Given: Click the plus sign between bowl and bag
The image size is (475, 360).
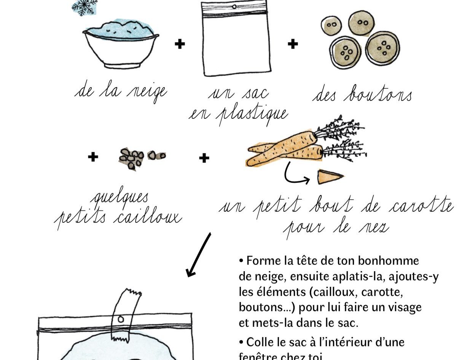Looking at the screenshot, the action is (x=180, y=44).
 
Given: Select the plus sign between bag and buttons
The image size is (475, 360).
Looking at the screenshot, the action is (x=293, y=44).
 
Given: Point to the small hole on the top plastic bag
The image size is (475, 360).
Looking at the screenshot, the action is (x=234, y=7).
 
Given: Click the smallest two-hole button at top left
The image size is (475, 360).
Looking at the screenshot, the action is (x=331, y=25).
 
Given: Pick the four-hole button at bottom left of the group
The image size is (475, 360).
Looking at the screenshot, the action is (x=345, y=53).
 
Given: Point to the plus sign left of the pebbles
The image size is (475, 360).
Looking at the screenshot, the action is (x=93, y=157).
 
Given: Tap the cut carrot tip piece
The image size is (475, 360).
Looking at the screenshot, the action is (x=330, y=177).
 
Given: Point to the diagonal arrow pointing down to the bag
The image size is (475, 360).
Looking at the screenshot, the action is (x=199, y=255).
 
